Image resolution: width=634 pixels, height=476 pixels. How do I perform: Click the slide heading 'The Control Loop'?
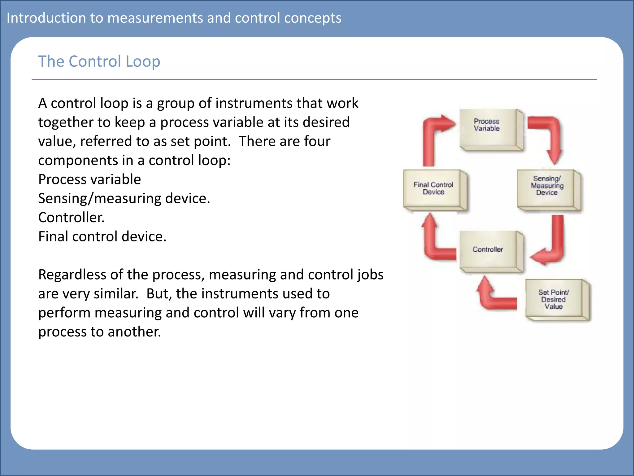99,61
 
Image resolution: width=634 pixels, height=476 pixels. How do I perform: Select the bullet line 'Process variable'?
89,179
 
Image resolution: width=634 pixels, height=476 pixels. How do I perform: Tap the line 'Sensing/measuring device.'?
124,199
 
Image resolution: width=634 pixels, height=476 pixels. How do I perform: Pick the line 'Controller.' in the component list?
71,218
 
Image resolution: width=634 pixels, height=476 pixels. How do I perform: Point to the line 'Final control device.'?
102,237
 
